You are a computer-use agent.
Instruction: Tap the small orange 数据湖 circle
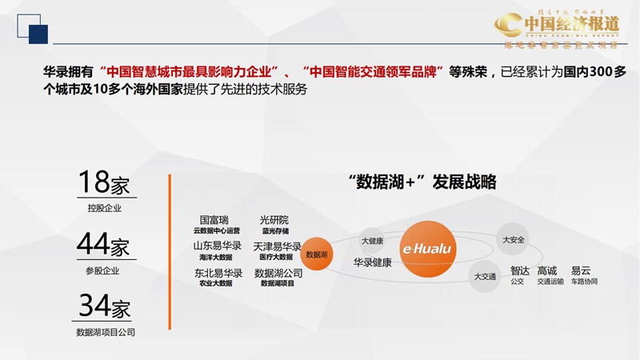coord(318,254)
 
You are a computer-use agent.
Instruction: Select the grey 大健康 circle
coord(372,240)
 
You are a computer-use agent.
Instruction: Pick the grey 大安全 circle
coord(513,239)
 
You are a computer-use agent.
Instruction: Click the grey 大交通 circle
coord(485,276)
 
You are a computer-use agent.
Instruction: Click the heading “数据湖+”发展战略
coord(422,182)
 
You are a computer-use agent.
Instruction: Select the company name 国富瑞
coord(215,219)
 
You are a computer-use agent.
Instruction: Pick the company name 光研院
coord(274,219)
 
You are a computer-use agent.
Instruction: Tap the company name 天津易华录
coord(277,246)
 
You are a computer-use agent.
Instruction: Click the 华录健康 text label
coord(372,262)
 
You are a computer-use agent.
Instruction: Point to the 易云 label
coord(581,270)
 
